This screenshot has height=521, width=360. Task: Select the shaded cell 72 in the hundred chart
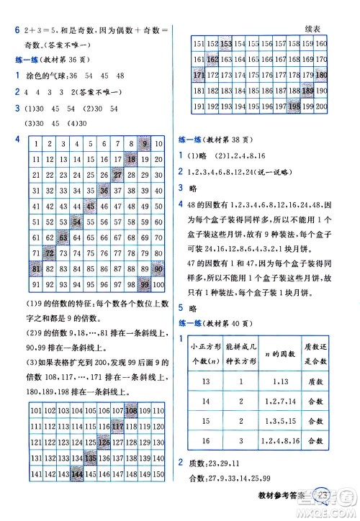pyautogui.click(x=50, y=253)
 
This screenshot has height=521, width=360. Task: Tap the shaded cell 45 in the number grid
pyautogui.click(x=91, y=207)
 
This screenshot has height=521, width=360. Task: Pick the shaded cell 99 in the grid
pyautogui.click(x=145, y=285)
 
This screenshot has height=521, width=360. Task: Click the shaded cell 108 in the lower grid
pyautogui.click(x=131, y=410)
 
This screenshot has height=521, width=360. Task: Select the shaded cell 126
pyautogui.click(x=104, y=443)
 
